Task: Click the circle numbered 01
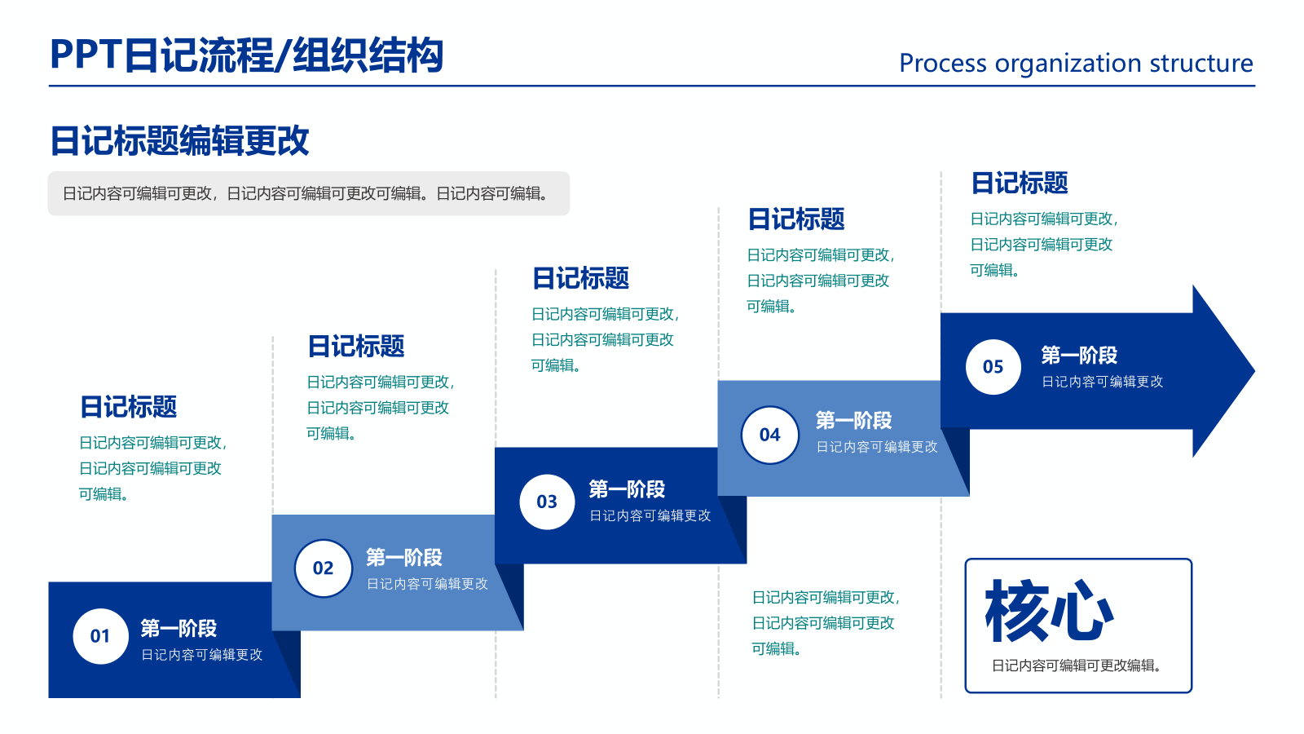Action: tap(100, 636)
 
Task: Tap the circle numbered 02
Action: tap(324, 568)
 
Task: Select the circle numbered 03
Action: tap(547, 502)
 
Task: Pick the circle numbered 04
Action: tap(769, 435)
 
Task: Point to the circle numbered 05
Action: tap(993, 367)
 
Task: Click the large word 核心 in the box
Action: tap(1049, 611)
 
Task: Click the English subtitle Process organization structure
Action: tap(1076, 63)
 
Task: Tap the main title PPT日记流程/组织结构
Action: tap(246, 55)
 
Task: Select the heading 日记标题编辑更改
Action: tap(179, 140)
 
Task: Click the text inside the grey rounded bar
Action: tap(306, 193)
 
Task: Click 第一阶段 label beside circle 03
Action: tap(627, 489)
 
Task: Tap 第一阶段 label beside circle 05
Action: tap(1079, 356)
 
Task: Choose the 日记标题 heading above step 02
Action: tap(356, 346)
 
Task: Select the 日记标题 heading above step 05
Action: tap(1020, 183)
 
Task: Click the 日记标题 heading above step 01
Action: tap(128, 406)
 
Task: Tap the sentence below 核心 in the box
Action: tap(1076, 665)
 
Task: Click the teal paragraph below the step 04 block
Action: tap(824, 622)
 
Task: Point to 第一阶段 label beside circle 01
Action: tap(178, 628)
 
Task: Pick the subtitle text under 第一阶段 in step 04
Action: tap(877, 447)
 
